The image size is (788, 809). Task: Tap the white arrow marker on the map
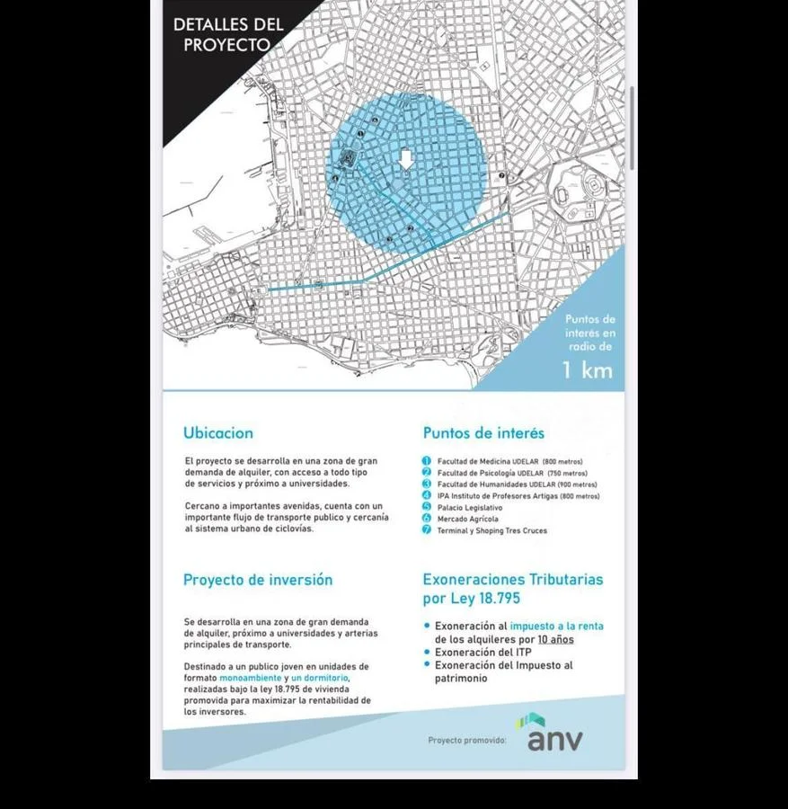(406, 159)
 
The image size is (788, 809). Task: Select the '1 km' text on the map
(588, 369)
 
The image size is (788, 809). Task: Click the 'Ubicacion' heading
(218, 432)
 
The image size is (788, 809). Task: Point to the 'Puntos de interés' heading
(483, 432)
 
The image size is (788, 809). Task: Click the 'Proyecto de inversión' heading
(258, 580)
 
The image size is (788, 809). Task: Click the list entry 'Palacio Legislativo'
(470, 508)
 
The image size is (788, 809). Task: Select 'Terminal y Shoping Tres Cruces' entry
(492, 530)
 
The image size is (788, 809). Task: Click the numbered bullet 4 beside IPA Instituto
(427, 495)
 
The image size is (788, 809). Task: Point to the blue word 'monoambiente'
(250, 677)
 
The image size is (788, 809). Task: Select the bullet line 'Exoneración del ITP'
(483, 652)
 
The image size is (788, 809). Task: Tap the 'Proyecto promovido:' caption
(467, 740)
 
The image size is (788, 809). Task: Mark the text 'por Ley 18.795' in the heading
(472, 599)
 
